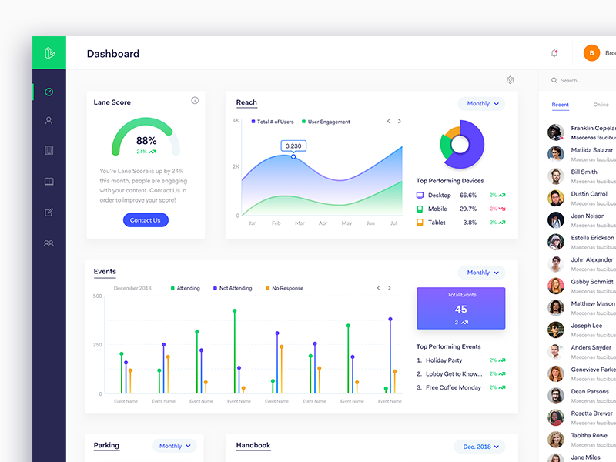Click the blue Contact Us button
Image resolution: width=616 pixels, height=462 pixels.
pyautogui.click(x=146, y=220)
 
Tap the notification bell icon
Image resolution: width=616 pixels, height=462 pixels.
pyautogui.click(x=554, y=53)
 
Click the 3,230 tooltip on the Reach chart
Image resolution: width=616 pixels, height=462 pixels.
pyautogui.click(x=293, y=146)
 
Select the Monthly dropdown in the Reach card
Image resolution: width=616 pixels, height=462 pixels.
pyautogui.click(x=483, y=103)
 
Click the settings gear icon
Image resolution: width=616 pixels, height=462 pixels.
pyautogui.click(x=511, y=80)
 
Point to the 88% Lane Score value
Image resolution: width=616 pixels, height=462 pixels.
pyautogui.click(x=146, y=141)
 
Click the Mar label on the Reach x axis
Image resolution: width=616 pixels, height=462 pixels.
pyautogui.click(x=299, y=223)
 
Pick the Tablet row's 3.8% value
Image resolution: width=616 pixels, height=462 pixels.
pyautogui.click(x=470, y=223)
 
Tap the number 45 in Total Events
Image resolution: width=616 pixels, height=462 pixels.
pyautogui.click(x=460, y=310)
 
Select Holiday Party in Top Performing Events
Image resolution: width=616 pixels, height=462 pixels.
pyautogui.click(x=444, y=360)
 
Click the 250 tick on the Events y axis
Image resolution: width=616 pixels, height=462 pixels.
pyautogui.click(x=97, y=345)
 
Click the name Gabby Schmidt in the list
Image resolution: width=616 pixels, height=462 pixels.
pyautogui.click(x=592, y=282)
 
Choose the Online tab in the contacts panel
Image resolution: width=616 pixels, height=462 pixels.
pyautogui.click(x=601, y=105)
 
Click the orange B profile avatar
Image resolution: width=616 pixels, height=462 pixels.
pyautogui.click(x=592, y=53)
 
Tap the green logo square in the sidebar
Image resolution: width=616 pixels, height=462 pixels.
pyautogui.click(x=49, y=53)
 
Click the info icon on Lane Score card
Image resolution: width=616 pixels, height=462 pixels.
pyautogui.click(x=195, y=101)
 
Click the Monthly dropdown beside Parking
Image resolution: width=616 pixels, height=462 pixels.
pyautogui.click(x=175, y=446)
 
